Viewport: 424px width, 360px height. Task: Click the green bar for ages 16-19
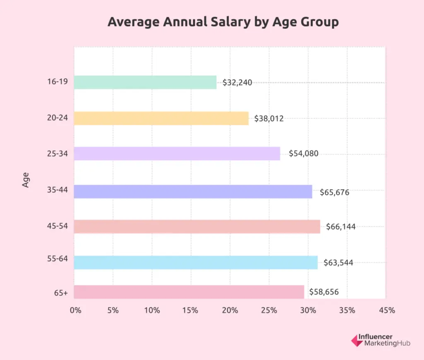point(145,82)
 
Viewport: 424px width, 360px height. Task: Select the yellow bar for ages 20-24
point(161,118)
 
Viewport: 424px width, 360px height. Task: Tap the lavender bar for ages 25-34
point(177,154)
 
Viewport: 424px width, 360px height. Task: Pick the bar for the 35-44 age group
point(193,192)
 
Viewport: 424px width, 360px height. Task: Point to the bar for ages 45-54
point(197,227)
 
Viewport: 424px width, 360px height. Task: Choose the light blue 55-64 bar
point(196,262)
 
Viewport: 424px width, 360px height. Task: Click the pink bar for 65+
point(189,292)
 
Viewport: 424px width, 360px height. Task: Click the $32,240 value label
point(237,82)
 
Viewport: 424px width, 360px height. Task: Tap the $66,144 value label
point(341,226)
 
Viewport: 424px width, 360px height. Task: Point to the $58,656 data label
point(324,292)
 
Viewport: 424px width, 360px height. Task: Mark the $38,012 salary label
point(269,118)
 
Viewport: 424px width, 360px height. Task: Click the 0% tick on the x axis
point(75,310)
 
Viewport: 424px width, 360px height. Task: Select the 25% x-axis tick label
point(269,310)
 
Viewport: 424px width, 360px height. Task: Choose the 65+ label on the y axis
point(60,293)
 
